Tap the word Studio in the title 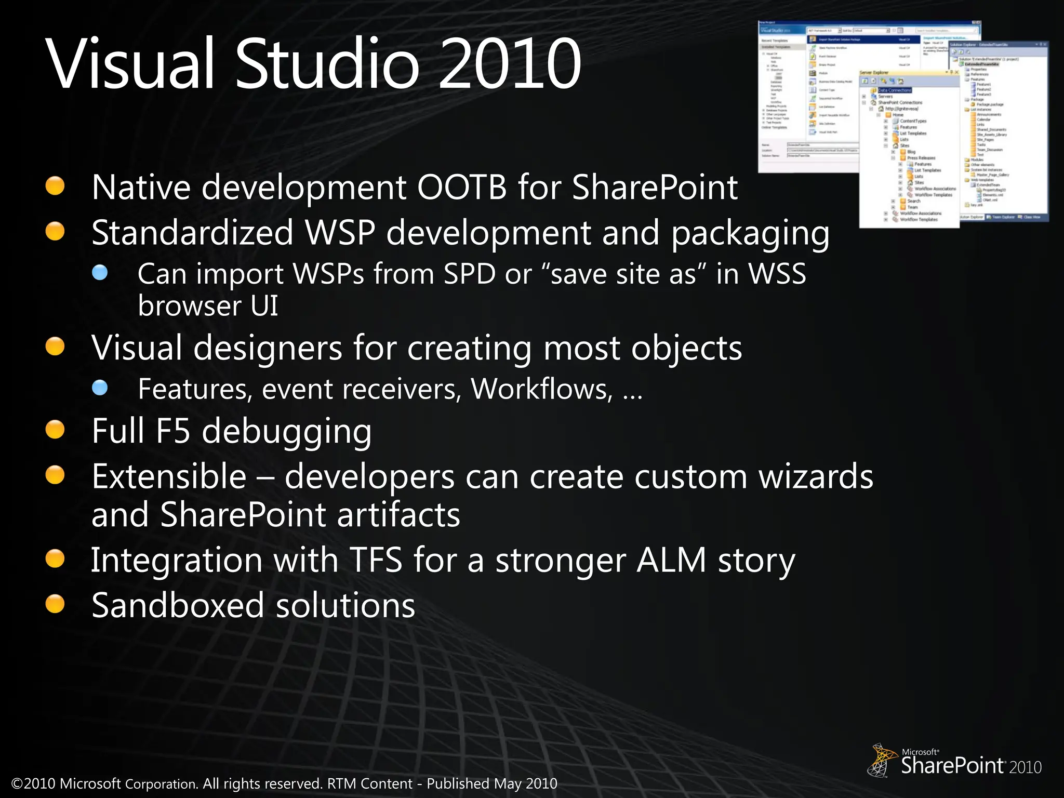click(327, 63)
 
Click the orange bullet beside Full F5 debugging click(55, 430)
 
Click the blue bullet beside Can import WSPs click(100, 272)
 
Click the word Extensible click(169, 476)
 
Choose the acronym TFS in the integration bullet click(376, 560)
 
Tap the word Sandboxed click(177, 605)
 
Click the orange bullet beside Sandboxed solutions click(55, 604)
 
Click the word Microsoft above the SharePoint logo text click(920, 752)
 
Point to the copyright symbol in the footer click(17, 783)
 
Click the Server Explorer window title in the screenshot click(874, 73)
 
